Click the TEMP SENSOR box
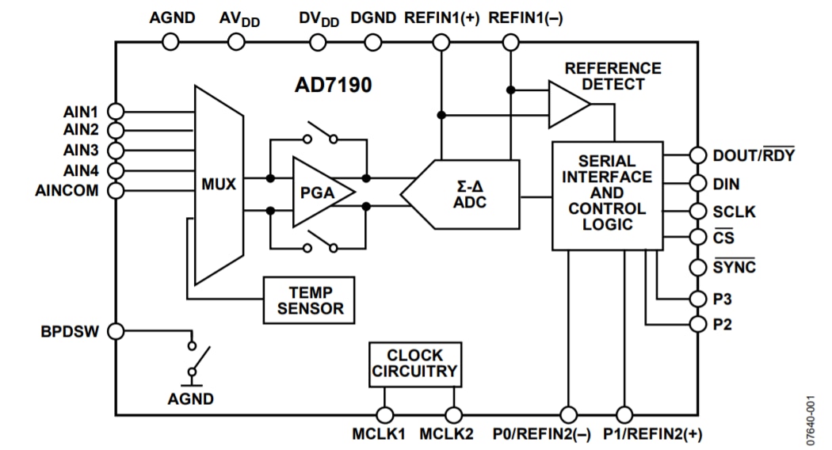click(310, 300)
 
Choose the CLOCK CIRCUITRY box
click(415, 364)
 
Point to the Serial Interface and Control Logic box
click(607, 195)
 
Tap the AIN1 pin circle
click(116, 112)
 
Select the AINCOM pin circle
click(116, 190)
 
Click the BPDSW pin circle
click(116, 331)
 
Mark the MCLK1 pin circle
click(385, 414)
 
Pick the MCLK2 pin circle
click(453, 414)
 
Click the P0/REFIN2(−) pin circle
click(568, 414)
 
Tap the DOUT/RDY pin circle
click(698, 155)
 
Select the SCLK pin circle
click(698, 212)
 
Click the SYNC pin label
click(735, 267)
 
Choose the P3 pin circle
click(698, 299)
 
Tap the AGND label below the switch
click(190, 399)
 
